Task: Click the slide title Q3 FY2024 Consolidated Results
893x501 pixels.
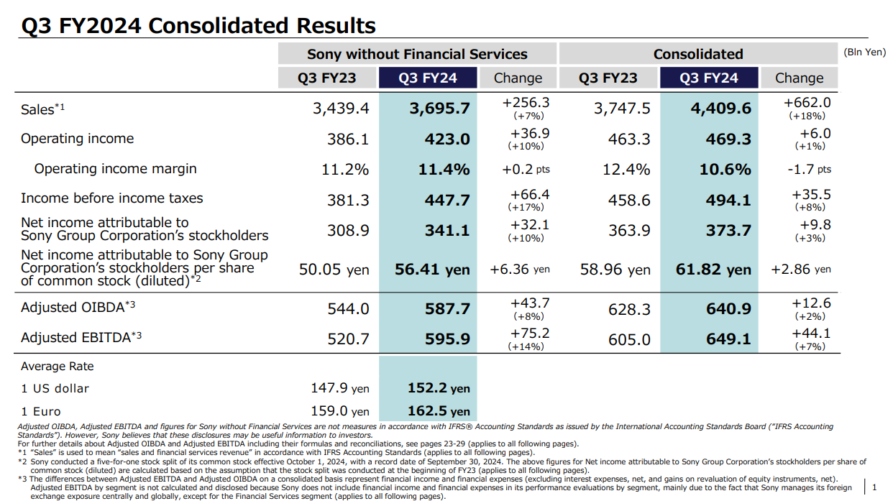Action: tap(198, 26)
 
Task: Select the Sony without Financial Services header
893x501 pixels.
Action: tap(417, 54)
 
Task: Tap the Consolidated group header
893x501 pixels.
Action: tap(697, 54)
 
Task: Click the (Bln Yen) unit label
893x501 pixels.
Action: tap(865, 52)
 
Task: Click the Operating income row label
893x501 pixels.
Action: tap(77, 139)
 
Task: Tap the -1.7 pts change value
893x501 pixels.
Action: tap(809, 170)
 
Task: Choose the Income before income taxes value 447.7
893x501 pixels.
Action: tap(446, 200)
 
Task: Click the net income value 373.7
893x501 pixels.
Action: tap(728, 230)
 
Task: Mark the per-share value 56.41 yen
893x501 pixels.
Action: tap(432, 270)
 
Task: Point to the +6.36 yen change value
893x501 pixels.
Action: tap(519, 270)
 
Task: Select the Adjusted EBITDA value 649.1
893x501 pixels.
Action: tap(728, 339)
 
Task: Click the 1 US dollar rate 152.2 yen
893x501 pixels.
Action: tap(437, 388)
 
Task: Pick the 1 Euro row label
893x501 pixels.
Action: tap(41, 412)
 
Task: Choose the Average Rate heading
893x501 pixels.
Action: tap(58, 367)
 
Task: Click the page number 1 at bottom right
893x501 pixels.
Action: tap(874, 487)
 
